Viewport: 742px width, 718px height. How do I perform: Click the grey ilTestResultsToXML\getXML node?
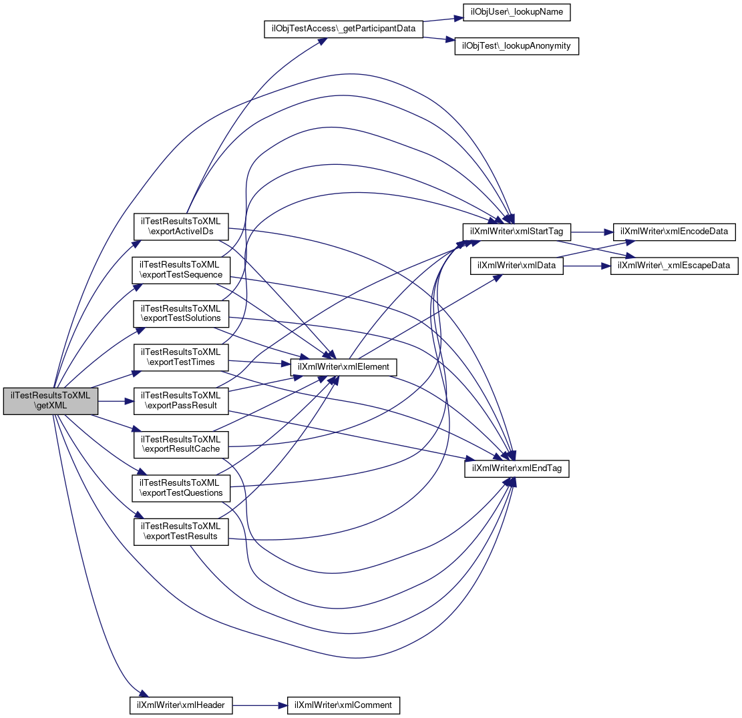click(x=51, y=401)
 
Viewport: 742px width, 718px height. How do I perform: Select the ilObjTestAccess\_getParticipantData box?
click(x=343, y=29)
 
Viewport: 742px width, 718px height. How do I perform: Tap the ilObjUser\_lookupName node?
click(x=516, y=12)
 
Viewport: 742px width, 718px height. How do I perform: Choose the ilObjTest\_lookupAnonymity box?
click(x=517, y=46)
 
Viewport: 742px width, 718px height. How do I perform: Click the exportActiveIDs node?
click(x=181, y=226)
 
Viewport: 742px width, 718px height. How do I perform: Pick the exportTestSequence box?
click(x=181, y=270)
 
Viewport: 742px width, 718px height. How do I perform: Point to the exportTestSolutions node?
click(x=181, y=314)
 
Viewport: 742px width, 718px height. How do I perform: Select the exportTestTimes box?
click(x=181, y=358)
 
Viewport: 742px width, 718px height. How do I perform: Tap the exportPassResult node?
click(x=181, y=401)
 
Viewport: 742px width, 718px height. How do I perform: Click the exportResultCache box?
click(x=181, y=444)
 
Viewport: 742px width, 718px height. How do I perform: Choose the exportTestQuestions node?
click(x=181, y=488)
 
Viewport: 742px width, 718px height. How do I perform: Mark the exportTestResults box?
click(x=181, y=532)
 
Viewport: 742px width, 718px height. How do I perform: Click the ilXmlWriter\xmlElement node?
click(x=343, y=367)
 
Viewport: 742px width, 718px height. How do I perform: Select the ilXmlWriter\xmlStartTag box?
click(x=517, y=232)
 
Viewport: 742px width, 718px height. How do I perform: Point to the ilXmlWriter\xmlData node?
click(x=517, y=266)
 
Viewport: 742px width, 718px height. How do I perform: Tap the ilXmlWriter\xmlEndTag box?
click(x=517, y=469)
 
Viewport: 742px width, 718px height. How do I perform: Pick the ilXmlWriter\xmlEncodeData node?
click(x=675, y=232)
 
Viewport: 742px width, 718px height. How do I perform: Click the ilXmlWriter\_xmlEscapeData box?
click(x=675, y=266)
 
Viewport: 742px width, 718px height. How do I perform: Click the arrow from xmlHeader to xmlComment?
click(x=260, y=706)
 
